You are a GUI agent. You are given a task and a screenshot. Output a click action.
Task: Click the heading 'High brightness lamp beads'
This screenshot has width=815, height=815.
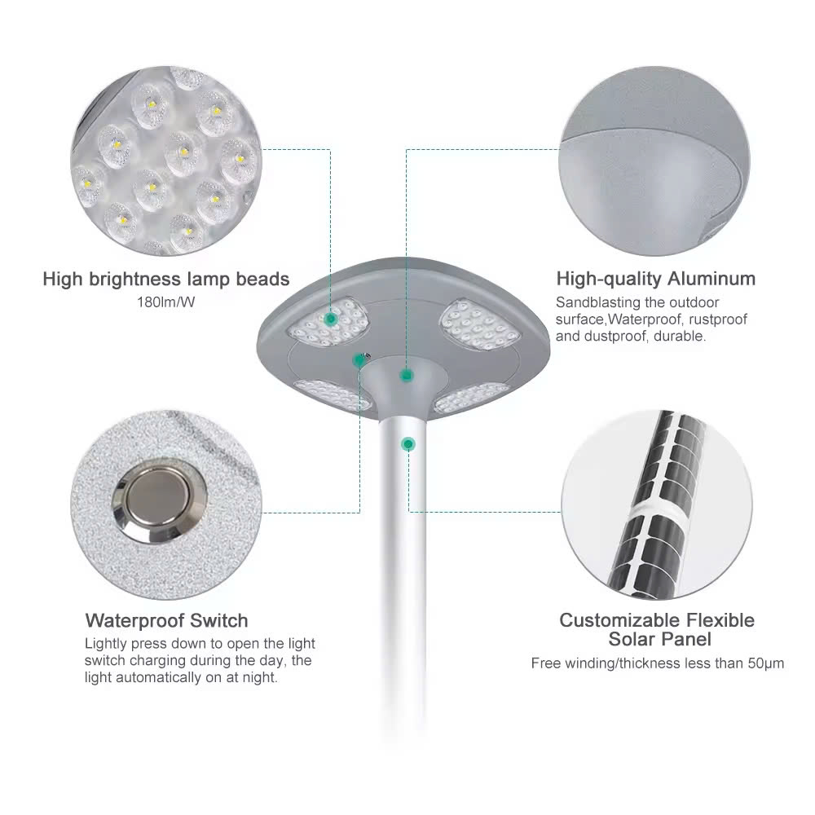click(165, 280)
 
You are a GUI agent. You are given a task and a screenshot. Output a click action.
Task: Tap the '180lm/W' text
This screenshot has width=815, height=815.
click(165, 302)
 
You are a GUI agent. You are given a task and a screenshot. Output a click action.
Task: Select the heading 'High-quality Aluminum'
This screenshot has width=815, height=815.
click(655, 280)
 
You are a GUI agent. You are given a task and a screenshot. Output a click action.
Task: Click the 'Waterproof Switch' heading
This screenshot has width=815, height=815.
click(166, 621)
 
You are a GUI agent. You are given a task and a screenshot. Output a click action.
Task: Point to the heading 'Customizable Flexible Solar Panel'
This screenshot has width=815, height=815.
click(656, 629)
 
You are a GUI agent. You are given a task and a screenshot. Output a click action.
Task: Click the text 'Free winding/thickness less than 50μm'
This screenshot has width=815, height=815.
click(657, 663)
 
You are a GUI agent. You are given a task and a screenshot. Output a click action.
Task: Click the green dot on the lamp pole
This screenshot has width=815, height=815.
click(407, 443)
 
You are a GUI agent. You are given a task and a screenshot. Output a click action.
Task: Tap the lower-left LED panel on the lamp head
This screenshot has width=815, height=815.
click(332, 394)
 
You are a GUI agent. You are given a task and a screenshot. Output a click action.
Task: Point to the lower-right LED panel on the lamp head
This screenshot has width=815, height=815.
click(470, 397)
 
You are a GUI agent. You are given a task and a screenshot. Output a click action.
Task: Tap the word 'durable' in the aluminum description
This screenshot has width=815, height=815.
click(680, 336)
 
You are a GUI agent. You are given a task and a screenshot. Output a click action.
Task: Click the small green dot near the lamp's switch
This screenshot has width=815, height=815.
click(359, 359)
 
